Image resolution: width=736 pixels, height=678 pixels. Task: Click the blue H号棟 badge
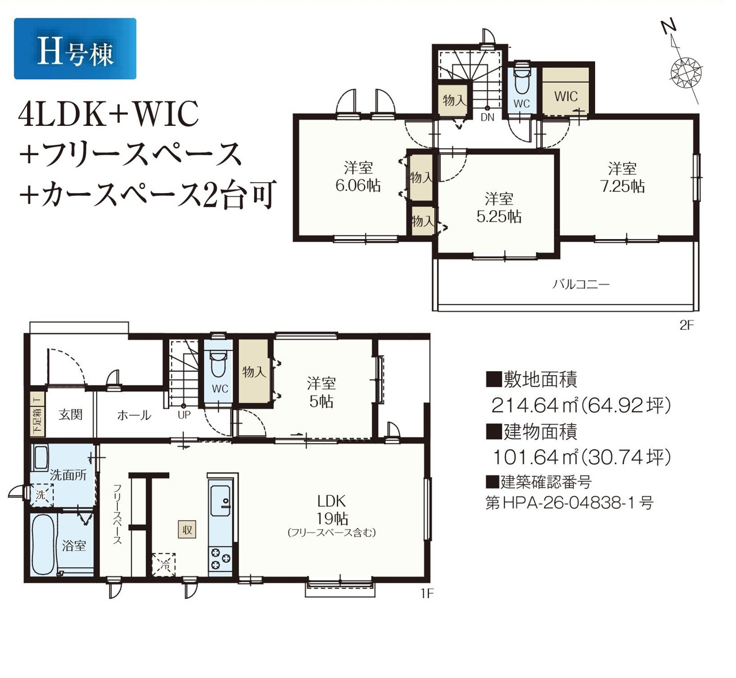tap(75, 48)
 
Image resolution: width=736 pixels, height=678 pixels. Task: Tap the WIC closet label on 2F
tap(566, 97)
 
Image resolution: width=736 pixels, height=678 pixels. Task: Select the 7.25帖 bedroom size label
tap(622, 186)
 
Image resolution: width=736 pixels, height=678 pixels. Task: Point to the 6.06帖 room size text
tap(358, 185)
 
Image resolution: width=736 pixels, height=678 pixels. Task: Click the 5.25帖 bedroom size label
tap(499, 217)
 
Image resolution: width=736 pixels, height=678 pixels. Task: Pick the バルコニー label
tap(581, 284)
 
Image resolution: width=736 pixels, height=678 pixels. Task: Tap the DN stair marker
tap(488, 117)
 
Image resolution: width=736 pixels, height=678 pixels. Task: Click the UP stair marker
tap(184, 415)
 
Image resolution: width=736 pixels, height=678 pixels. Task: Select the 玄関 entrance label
tap(70, 415)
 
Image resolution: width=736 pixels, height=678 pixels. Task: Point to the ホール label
tap(134, 415)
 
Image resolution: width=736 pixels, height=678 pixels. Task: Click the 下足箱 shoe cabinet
tap(37, 414)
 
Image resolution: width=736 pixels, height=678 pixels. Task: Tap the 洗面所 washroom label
tap(68, 475)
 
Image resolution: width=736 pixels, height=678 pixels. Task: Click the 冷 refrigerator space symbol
tap(164, 565)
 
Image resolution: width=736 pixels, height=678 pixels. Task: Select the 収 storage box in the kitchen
tap(187, 530)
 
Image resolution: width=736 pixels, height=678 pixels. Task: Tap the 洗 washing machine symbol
tap(41, 495)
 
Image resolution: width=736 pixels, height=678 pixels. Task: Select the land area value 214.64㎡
tap(534, 405)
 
